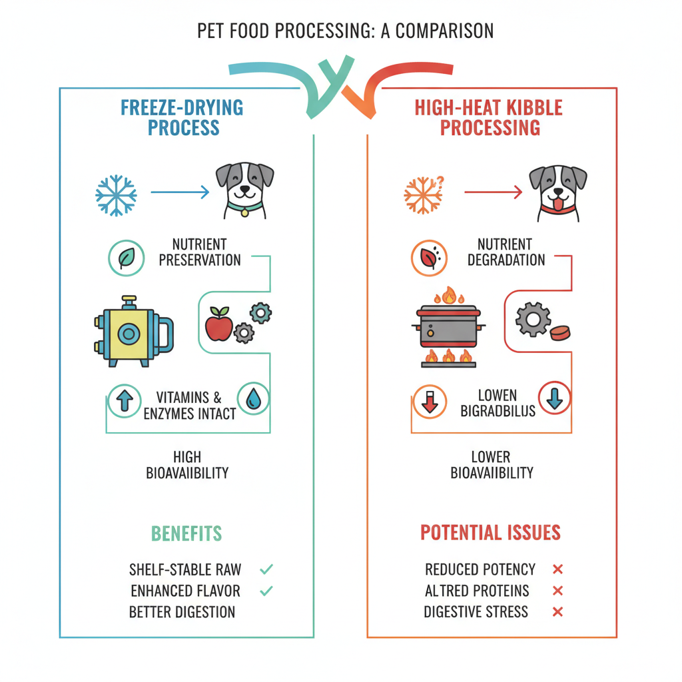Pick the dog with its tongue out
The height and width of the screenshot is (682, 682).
tap(558, 192)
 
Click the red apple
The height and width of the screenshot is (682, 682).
tap(218, 325)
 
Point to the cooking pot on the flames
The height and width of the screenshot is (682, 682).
tap(450, 326)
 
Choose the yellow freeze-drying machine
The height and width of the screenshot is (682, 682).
tap(131, 331)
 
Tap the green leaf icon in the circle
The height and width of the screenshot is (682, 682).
tap(126, 258)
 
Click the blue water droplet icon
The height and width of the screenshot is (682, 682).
tap(254, 399)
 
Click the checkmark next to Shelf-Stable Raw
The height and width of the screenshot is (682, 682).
tap(266, 569)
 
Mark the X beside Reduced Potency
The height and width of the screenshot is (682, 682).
tap(558, 569)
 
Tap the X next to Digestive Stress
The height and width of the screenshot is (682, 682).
tap(558, 611)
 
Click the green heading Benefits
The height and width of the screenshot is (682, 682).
tap(186, 533)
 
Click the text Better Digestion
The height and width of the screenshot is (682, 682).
tap(182, 611)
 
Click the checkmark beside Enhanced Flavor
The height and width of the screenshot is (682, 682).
tap(266, 591)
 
